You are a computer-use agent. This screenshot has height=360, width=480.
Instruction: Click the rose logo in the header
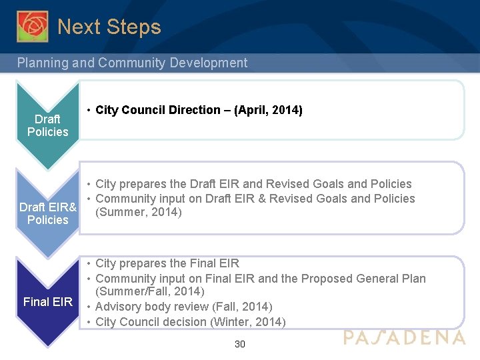pos(32,26)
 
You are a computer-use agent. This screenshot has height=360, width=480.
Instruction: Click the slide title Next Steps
pos(109,27)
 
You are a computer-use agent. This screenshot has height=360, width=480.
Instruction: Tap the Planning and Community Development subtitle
pos(132,63)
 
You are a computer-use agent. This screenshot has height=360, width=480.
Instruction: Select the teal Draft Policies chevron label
pos(47,125)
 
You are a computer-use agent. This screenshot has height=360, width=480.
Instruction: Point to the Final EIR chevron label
pos(47,302)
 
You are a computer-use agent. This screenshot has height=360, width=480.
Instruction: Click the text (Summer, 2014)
pos(139,213)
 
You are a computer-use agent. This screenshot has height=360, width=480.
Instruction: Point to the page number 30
pos(240,344)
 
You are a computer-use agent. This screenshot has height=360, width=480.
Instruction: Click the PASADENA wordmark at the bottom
pos(405,337)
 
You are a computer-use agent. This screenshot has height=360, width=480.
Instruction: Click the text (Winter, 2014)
pos(253,321)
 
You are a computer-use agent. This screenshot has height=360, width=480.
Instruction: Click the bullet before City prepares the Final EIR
pos(89,263)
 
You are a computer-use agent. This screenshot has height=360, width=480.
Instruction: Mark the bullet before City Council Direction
pos(89,110)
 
